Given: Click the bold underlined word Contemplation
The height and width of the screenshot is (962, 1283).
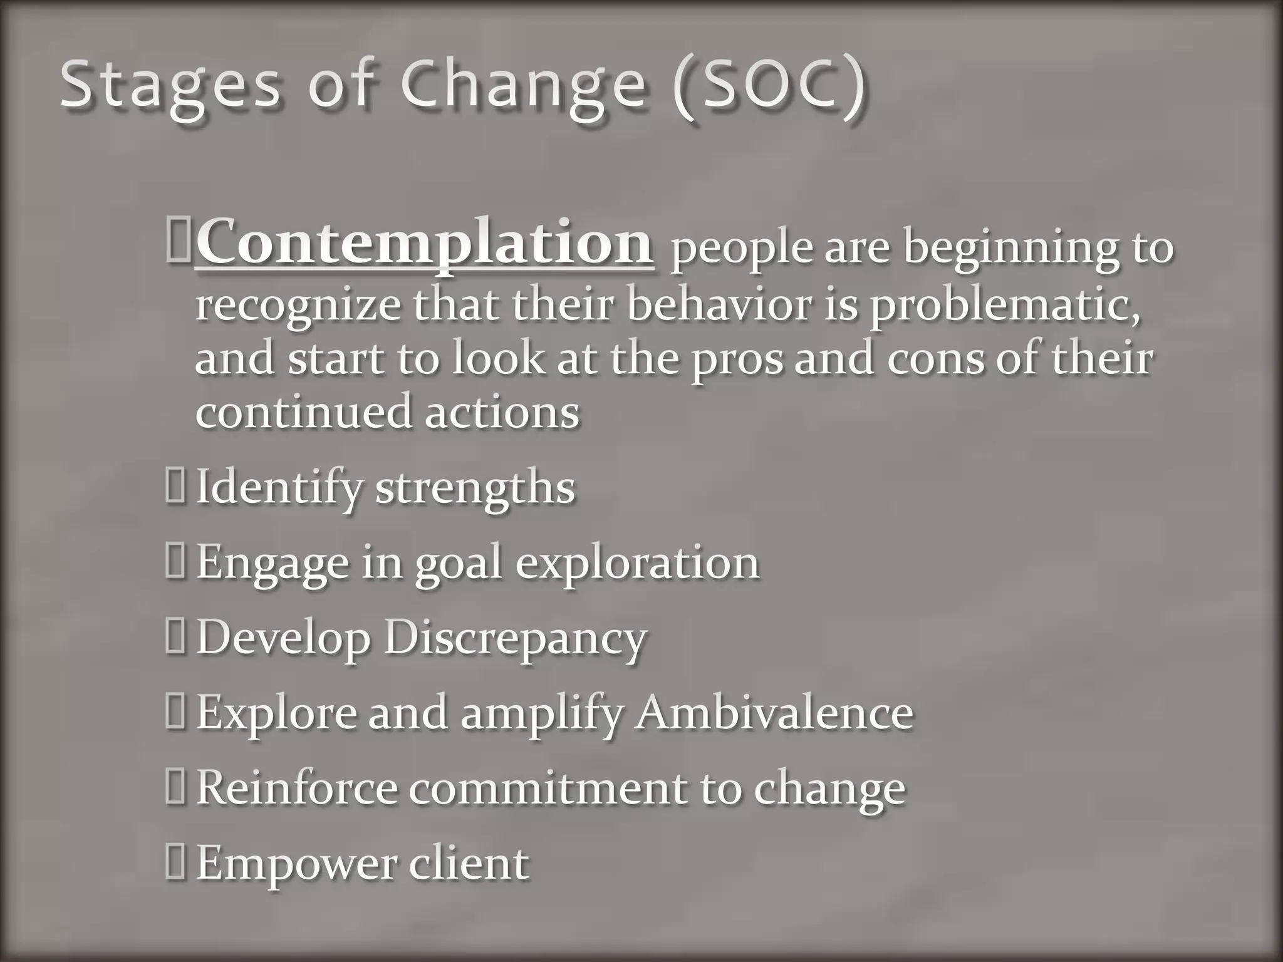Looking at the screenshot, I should point(425,244).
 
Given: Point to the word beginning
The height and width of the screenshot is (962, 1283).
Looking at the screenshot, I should point(1009,249).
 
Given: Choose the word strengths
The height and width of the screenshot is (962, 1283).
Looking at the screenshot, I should point(475,489).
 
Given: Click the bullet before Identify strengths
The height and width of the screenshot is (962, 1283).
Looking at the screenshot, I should point(175,488).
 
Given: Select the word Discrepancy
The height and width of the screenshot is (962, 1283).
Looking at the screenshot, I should point(515,639).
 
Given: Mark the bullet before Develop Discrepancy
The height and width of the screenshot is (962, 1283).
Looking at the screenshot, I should point(175,638).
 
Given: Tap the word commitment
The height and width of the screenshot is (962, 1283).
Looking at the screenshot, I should point(548,789).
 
